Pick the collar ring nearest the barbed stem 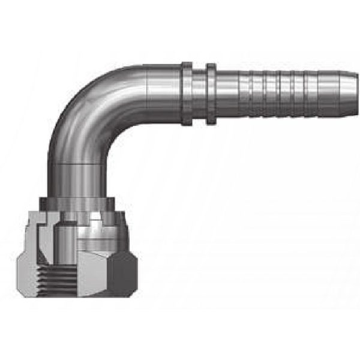[x=211, y=93]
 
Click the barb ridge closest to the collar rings [x=246, y=93]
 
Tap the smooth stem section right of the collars [x=226, y=93]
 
